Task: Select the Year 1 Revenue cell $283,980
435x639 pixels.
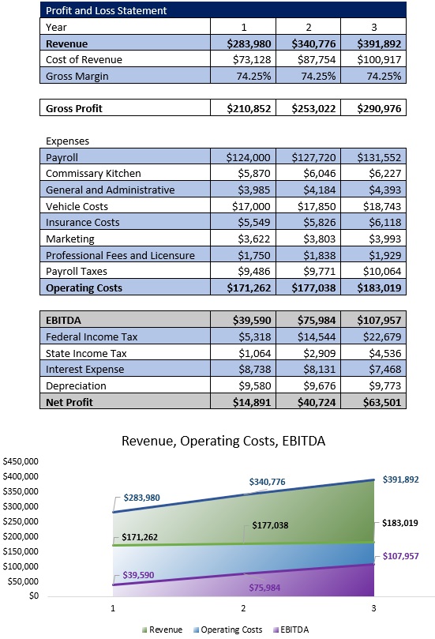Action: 254,43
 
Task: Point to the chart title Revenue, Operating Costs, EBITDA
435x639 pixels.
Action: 223,441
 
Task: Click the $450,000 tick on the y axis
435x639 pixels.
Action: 22,460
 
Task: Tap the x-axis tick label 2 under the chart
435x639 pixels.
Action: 243,609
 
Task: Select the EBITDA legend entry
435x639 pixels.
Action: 291,630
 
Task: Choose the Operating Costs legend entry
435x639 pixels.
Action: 229,630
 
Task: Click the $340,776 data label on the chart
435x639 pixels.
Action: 267,482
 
